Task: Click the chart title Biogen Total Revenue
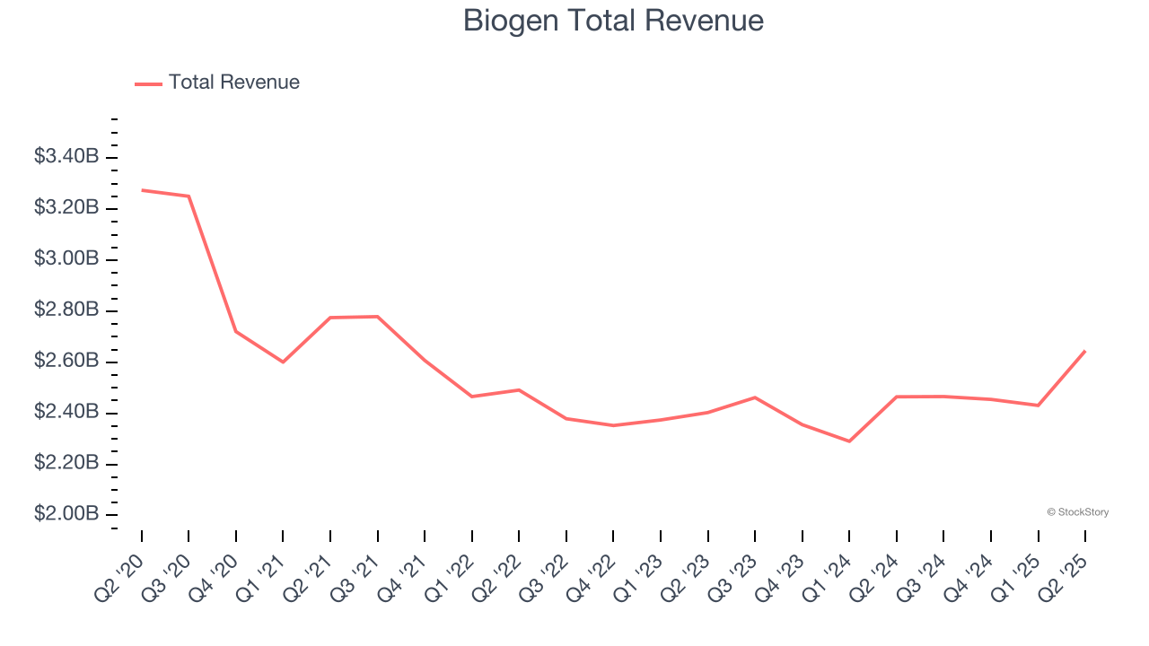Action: pyautogui.click(x=613, y=20)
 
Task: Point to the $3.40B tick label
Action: pyautogui.click(x=66, y=157)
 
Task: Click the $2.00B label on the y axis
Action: pyautogui.click(x=66, y=514)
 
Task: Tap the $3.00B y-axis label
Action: pyautogui.click(x=66, y=259)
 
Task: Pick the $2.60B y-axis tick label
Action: pyautogui.click(x=66, y=362)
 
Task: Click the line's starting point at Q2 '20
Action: pyautogui.click(x=142, y=190)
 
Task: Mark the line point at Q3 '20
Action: pyautogui.click(x=189, y=196)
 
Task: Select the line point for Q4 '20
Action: pyautogui.click(x=236, y=331)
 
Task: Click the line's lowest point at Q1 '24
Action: pyautogui.click(x=849, y=441)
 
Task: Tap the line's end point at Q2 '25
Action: pyautogui.click(x=1085, y=351)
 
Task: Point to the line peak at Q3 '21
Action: pyautogui.click(x=378, y=316)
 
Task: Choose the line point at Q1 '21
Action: pyautogui.click(x=283, y=362)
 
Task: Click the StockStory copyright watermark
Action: pyautogui.click(x=1077, y=512)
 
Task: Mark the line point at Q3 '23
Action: pyautogui.click(x=755, y=397)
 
